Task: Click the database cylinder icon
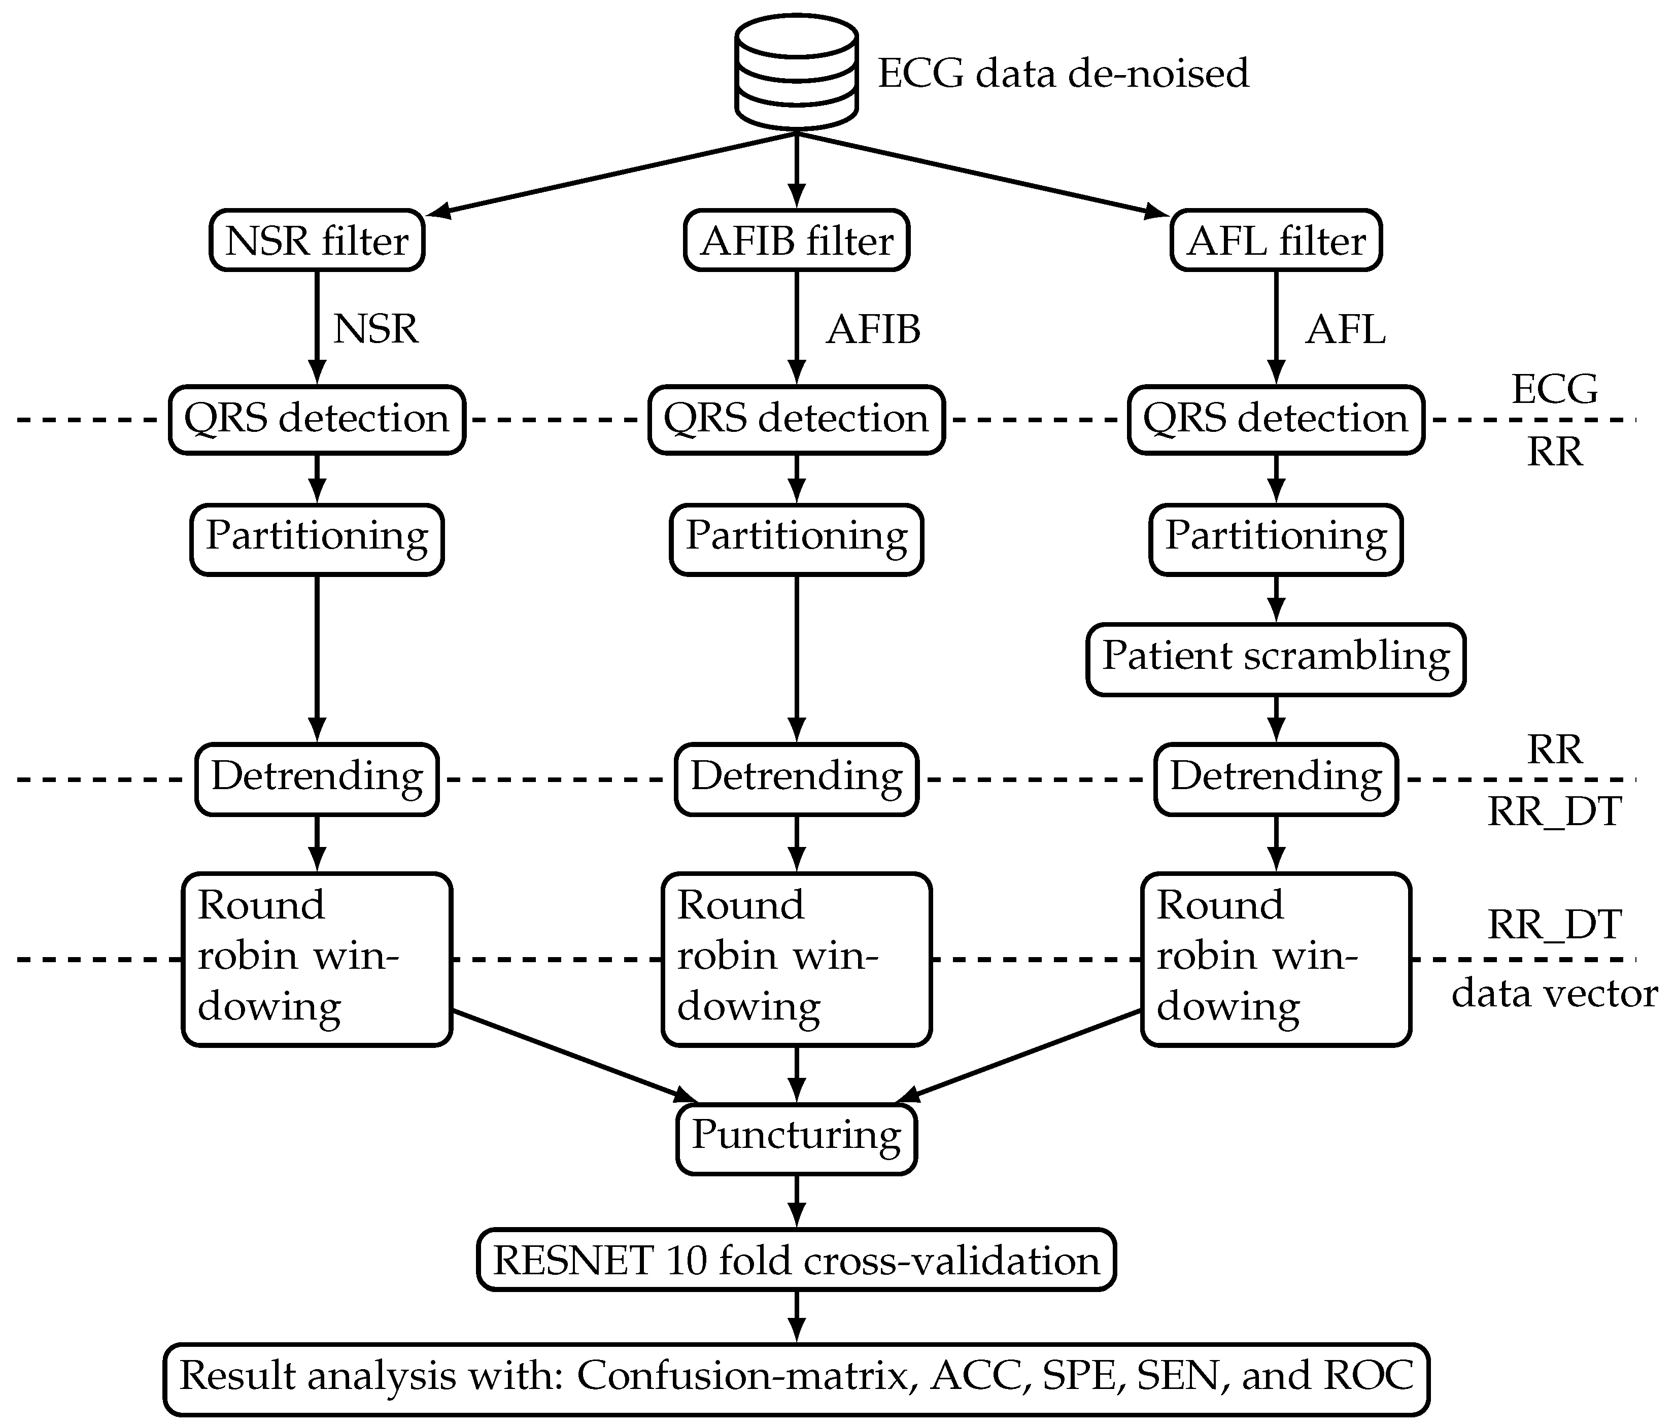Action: (796, 73)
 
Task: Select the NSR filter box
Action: (317, 241)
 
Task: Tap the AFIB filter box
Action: (796, 241)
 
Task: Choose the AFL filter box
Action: (1276, 241)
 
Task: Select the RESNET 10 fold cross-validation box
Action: (796, 1260)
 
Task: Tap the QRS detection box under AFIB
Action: (796, 419)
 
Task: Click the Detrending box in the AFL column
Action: (1276, 777)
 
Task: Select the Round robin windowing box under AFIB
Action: (796, 958)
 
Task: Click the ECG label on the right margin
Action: (1554, 390)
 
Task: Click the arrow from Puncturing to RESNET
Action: (796, 1201)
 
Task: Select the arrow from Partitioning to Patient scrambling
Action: (1276, 598)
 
